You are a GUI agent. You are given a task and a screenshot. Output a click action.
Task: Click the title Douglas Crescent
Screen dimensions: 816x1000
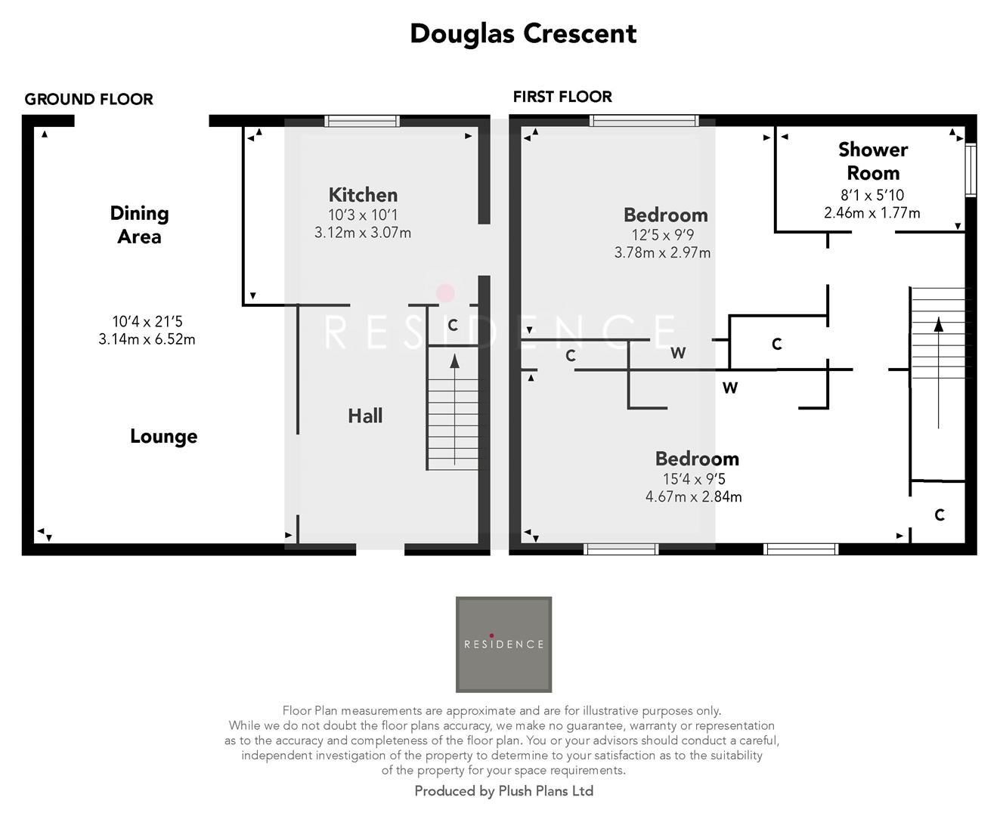click(523, 34)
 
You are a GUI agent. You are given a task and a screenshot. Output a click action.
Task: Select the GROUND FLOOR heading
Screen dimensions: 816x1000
click(88, 99)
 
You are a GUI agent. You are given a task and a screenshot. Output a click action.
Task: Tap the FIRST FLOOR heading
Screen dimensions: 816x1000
click(562, 97)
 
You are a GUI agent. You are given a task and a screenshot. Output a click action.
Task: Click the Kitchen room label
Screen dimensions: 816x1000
click(363, 195)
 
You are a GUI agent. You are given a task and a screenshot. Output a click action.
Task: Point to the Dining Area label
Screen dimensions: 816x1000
click(139, 224)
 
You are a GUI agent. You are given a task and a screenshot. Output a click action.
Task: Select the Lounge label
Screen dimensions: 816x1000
click(163, 437)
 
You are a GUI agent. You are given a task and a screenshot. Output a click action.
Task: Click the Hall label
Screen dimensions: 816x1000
click(365, 416)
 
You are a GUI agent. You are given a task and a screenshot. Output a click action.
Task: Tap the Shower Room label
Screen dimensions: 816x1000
click(872, 161)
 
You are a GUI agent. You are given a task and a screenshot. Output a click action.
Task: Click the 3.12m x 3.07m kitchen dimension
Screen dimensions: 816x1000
click(363, 233)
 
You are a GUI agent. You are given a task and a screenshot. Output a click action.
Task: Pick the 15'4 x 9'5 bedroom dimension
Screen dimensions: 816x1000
click(694, 479)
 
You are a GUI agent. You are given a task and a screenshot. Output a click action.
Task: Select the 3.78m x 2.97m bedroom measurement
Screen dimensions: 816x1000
click(662, 252)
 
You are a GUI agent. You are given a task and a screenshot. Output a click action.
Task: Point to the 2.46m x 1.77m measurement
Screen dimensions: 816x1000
click(872, 213)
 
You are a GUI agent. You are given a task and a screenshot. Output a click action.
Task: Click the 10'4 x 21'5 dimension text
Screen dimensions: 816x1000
click(147, 322)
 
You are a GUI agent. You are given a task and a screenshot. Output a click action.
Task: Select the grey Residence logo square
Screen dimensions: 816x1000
click(503, 644)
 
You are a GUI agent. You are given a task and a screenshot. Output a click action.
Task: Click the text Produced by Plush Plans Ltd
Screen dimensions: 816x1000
click(503, 791)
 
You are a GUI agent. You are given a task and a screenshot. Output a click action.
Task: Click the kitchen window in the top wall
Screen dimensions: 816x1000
click(362, 121)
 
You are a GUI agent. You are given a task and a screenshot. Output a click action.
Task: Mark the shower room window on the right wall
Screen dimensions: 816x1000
click(971, 170)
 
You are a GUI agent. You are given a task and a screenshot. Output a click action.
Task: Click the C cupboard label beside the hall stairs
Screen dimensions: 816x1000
click(453, 326)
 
